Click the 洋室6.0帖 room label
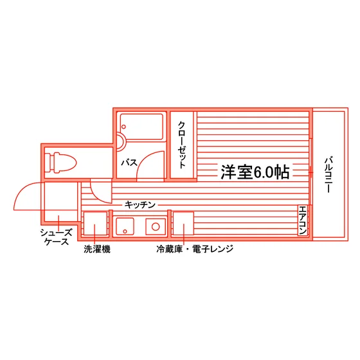[255, 172]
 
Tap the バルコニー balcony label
[328, 175]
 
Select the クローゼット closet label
[181, 145]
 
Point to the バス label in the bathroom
[129, 163]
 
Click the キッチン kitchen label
[140, 204]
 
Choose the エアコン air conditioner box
[302, 220]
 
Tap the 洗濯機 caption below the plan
[97, 249]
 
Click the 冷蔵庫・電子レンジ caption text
[195, 249]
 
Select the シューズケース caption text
[57, 237]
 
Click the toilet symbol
[60, 163]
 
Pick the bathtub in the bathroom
[141, 127]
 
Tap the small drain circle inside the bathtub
[123, 127]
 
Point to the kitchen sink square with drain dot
[125, 226]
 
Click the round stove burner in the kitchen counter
[156, 226]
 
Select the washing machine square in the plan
[95, 224]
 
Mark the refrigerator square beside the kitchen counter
[183, 224]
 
